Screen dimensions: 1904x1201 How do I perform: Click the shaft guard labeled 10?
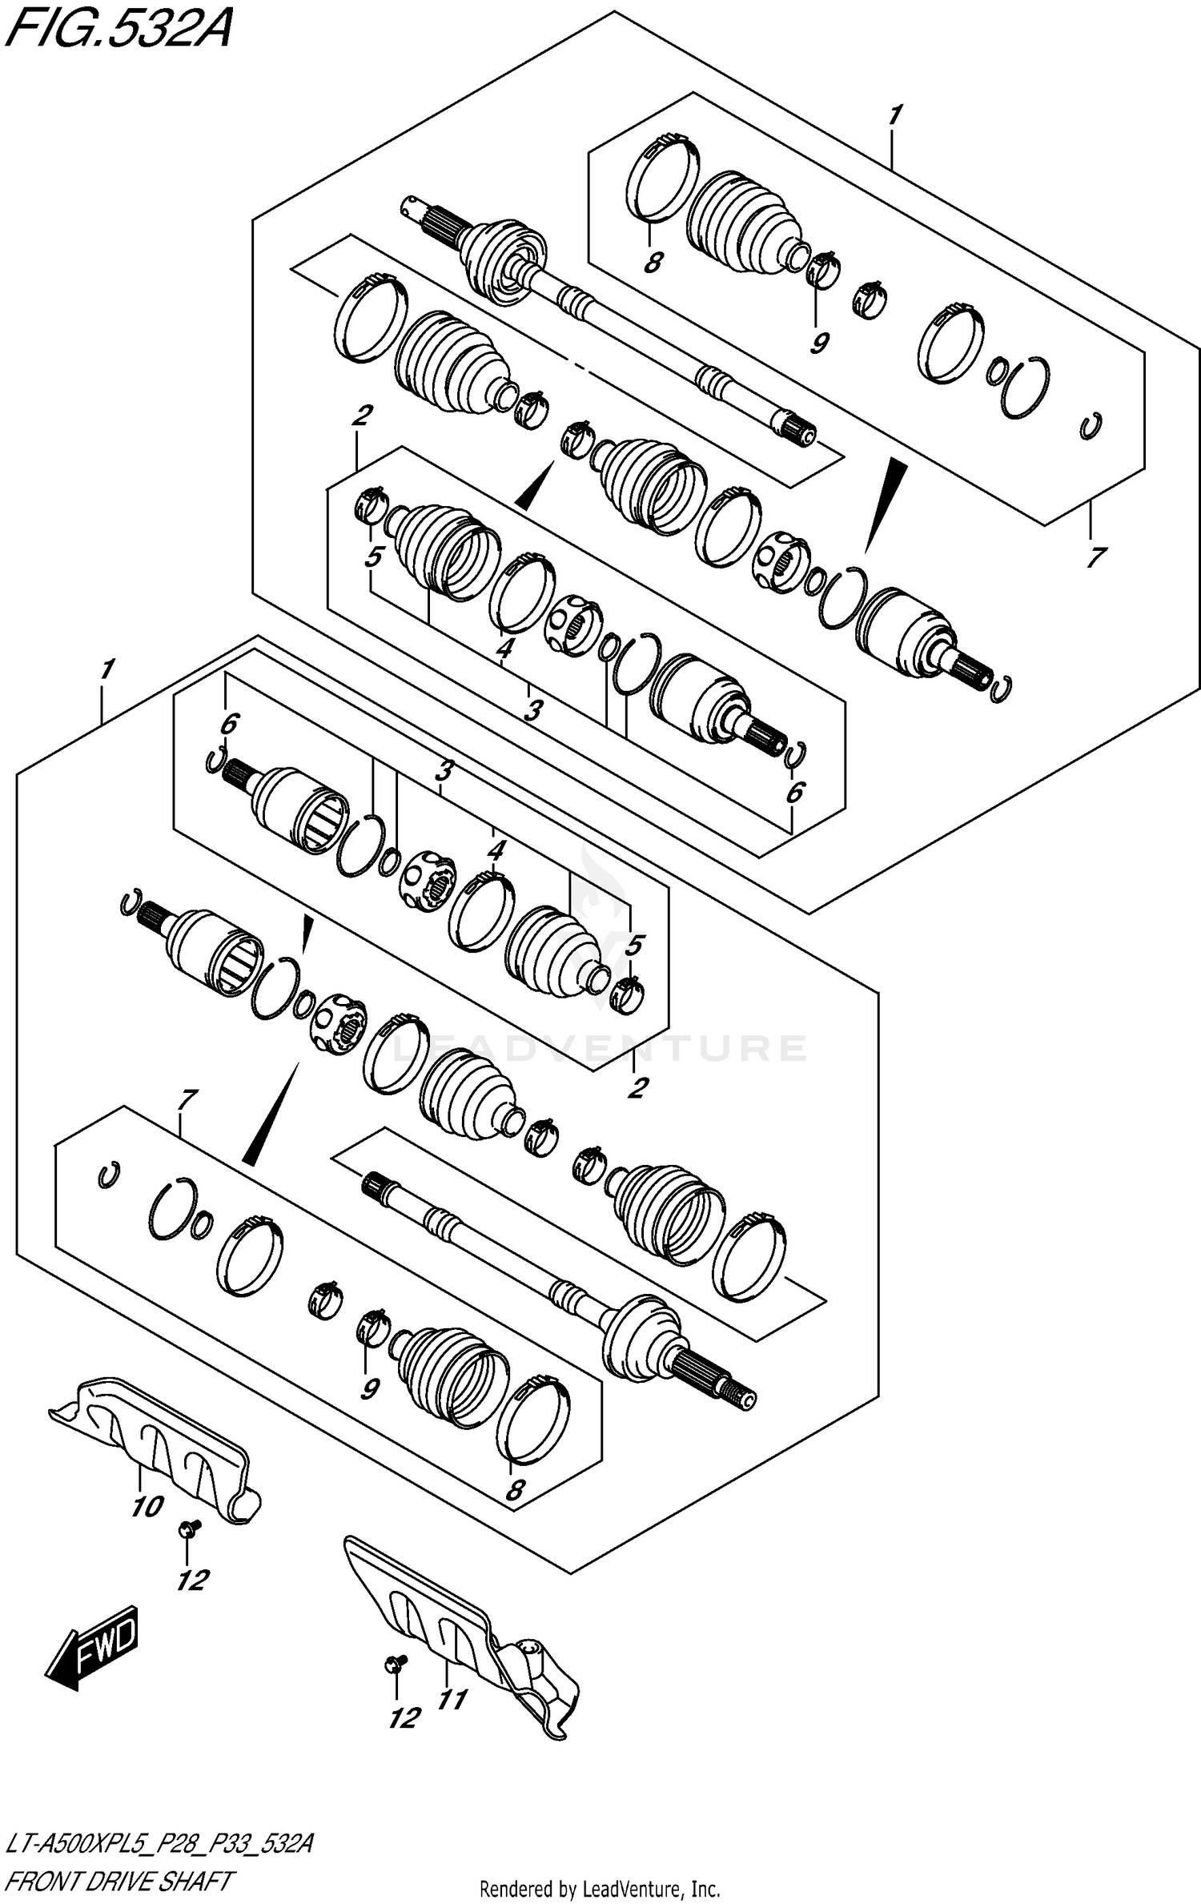click(x=156, y=1442)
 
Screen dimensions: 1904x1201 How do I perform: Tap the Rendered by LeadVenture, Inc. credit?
click(x=600, y=1889)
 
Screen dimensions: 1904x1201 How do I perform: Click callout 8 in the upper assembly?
click(x=653, y=262)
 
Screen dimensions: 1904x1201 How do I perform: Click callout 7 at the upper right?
click(x=1095, y=556)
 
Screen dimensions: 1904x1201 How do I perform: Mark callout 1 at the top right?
click(x=894, y=116)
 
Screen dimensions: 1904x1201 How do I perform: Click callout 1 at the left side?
click(x=106, y=669)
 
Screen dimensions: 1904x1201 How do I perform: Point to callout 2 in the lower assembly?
click(x=637, y=1088)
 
